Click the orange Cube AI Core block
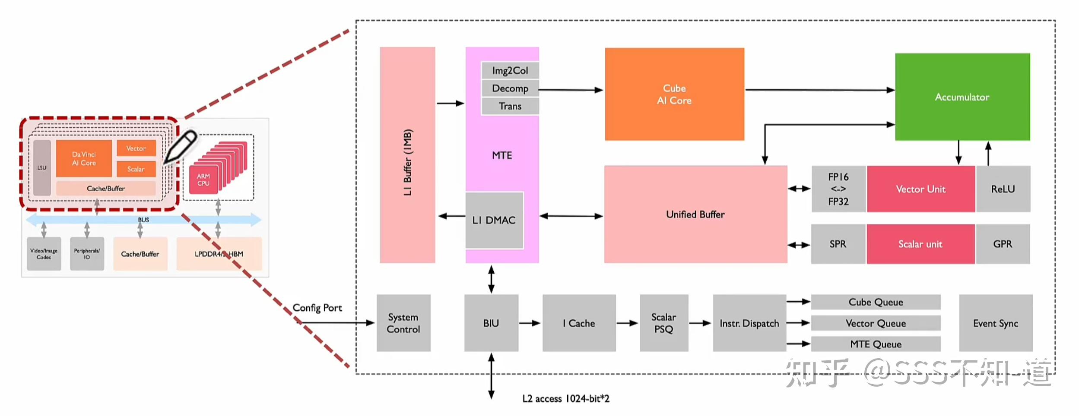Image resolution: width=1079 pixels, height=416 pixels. tap(674, 94)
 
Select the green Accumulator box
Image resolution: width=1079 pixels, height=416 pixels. tap(962, 97)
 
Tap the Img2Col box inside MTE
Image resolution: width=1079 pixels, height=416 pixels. tap(510, 70)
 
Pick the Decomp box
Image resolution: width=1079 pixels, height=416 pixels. tap(510, 88)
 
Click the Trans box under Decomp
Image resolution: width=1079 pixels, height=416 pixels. tap(510, 106)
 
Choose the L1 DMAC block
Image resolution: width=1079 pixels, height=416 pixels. tap(494, 220)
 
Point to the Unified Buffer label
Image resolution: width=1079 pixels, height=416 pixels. tap(695, 214)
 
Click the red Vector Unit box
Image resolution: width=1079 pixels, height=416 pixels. tap(920, 189)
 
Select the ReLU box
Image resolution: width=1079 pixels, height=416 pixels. tap(1003, 189)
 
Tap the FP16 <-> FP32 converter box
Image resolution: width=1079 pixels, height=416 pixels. tap(838, 189)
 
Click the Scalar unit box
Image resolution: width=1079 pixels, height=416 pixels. tap(920, 244)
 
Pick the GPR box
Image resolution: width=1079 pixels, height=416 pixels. tap(1002, 244)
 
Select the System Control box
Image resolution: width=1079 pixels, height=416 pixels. tap(403, 323)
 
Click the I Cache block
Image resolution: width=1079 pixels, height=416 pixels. tap(578, 323)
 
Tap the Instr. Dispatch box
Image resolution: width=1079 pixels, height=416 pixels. tap(749, 323)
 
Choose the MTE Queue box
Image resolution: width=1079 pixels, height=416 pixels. tap(876, 344)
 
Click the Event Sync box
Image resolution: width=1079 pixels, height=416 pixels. tap(995, 323)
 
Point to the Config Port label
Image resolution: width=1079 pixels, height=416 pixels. tap(317, 308)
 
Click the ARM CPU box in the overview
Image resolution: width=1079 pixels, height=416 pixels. tap(203, 180)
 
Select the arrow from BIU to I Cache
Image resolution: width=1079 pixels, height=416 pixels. tap(530, 323)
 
